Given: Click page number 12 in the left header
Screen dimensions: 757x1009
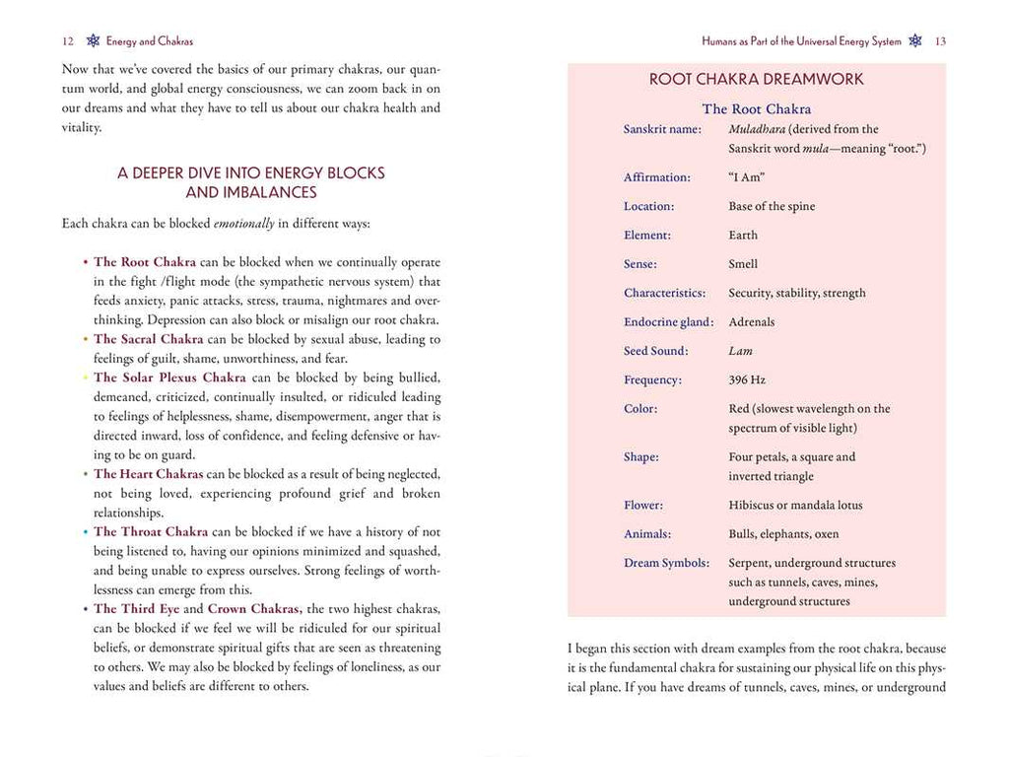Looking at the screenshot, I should [67, 41].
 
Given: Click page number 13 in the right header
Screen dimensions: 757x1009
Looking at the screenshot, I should [940, 41].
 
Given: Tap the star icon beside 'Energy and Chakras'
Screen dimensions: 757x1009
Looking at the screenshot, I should [93, 41].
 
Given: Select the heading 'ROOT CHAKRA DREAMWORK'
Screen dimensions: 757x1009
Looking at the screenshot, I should [756, 79].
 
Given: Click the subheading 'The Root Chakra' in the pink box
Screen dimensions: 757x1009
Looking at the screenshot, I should [756, 108].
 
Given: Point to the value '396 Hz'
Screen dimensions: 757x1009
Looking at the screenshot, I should [747, 379].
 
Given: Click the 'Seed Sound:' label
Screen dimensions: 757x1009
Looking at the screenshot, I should [656, 351].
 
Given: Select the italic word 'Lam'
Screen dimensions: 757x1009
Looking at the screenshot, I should [740, 351].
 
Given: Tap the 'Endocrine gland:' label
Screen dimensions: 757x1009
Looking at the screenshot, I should [669, 322].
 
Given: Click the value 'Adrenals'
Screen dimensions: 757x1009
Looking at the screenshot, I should [752, 322].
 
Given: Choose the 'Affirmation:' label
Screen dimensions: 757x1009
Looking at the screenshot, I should [657, 178].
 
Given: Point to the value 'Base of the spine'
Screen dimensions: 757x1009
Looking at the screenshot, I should [772, 207].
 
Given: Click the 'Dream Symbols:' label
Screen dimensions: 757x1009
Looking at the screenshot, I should [666, 564].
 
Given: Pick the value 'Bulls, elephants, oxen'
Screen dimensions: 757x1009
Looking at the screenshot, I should [783, 534].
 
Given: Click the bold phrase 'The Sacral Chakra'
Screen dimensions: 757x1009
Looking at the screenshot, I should [148, 339].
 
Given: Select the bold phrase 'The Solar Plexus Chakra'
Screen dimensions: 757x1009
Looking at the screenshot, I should [169, 378].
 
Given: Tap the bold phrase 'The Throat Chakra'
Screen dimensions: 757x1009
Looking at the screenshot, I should [151, 532].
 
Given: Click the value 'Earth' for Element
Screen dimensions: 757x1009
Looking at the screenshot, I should [743, 236].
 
